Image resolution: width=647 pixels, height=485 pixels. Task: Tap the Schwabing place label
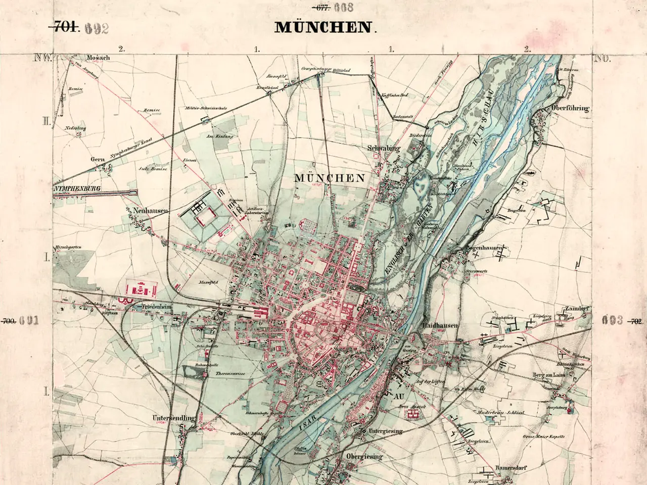(x=384, y=149)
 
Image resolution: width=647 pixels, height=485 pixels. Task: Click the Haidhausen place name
(x=440, y=326)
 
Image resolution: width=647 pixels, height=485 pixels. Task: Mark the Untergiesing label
(x=385, y=431)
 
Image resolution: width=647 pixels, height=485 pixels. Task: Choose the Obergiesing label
(x=364, y=457)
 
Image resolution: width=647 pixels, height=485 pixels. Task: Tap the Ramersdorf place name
(x=511, y=468)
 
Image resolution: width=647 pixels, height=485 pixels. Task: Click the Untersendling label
(x=173, y=418)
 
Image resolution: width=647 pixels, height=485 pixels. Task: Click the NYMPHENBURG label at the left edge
(x=76, y=188)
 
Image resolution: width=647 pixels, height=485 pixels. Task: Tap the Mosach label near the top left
(x=98, y=58)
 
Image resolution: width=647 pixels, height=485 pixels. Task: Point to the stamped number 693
(x=613, y=320)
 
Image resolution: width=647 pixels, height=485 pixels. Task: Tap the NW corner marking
(x=43, y=58)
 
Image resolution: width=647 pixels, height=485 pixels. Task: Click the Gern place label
(x=97, y=159)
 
